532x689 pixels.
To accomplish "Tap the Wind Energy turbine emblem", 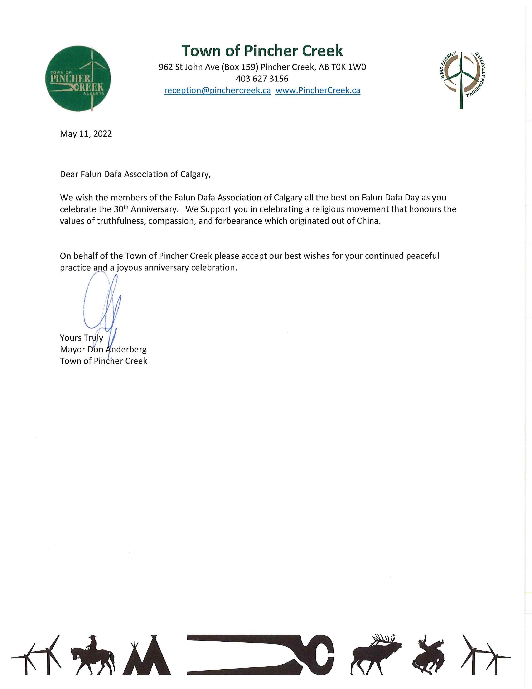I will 461,79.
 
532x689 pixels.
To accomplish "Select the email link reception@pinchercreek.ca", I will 217,91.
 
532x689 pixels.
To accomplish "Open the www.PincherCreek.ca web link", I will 318,91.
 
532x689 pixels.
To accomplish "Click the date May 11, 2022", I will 86,134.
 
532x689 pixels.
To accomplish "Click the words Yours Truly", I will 81,338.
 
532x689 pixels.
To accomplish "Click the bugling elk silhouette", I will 376,655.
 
